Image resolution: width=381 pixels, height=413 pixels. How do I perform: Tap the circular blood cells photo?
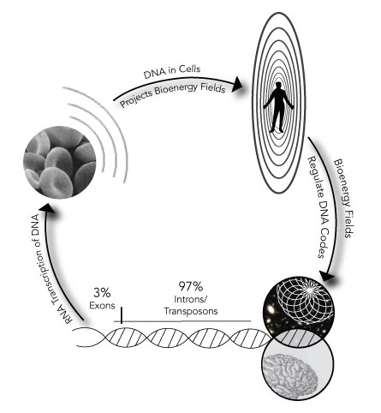[x=60, y=162]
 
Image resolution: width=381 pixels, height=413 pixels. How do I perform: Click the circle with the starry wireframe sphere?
[x=300, y=312]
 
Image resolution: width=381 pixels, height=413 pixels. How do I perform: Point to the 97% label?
[x=191, y=285]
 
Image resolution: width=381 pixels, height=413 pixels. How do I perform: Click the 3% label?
[x=102, y=292]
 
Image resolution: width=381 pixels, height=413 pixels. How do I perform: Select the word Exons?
[x=102, y=306]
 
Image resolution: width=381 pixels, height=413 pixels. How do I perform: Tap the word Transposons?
[x=191, y=311]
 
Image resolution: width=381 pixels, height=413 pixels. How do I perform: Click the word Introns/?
[x=191, y=299]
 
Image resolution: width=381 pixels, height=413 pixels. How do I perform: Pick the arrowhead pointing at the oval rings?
[x=237, y=84]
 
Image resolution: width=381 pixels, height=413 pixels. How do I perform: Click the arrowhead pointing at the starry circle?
[x=327, y=277]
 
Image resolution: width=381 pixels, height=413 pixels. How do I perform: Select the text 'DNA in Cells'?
[x=172, y=71]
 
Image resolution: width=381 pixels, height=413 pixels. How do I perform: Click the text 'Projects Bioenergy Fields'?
[x=173, y=95]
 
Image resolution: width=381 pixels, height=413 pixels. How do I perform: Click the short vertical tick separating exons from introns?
[x=122, y=315]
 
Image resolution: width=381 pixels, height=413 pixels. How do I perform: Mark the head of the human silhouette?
[x=278, y=85]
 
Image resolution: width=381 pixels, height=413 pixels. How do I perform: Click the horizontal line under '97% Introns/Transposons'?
[x=182, y=321]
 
